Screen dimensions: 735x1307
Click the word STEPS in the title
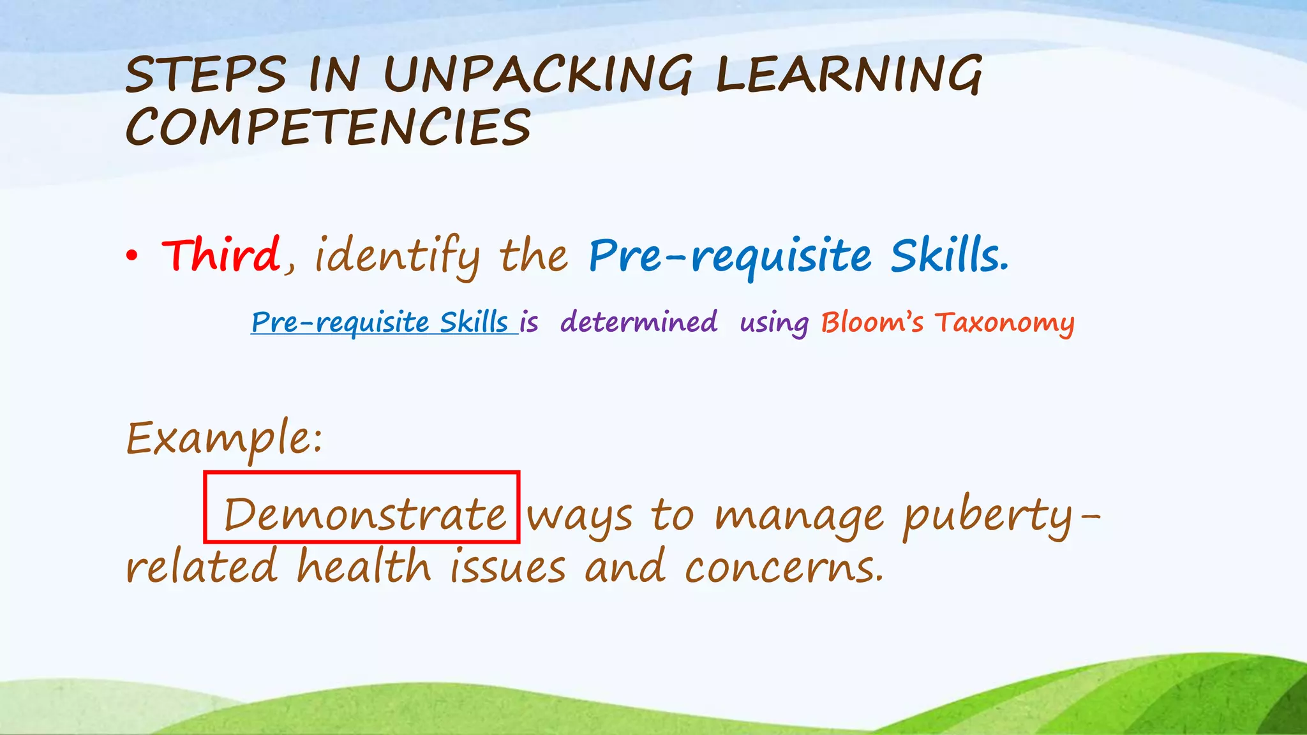[205, 75]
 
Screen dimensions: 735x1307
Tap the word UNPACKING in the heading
[537, 75]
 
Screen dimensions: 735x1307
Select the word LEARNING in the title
[849, 75]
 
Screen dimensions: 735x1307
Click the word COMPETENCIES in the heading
[328, 127]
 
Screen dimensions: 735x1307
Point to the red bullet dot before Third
[131, 256]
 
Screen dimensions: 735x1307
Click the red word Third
[221, 255]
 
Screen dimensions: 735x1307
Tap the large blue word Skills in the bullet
[948, 255]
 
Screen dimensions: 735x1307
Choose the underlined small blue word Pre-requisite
[340, 322]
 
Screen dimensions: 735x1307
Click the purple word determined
[639, 322]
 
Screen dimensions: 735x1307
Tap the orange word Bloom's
[872, 322]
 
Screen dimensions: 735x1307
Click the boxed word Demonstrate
[364, 514]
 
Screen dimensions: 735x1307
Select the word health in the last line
[364, 567]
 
